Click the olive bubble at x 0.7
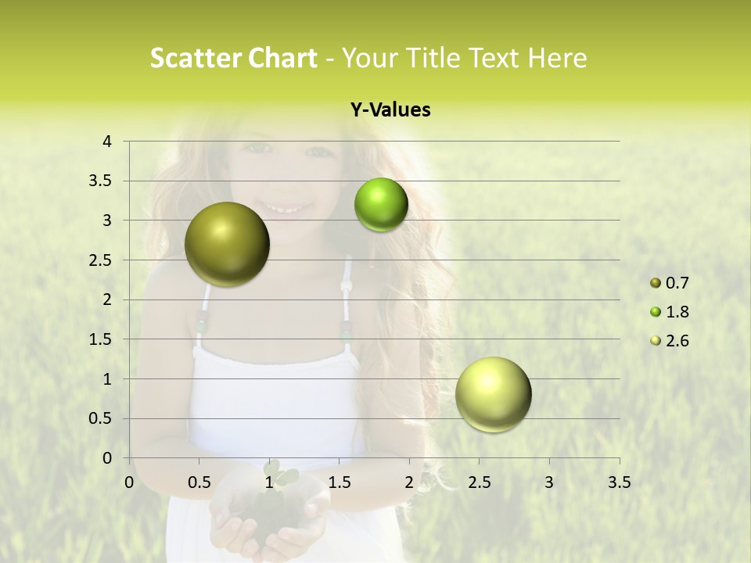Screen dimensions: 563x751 click(x=227, y=244)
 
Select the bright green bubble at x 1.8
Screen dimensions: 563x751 click(x=381, y=205)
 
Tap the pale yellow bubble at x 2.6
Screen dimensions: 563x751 click(x=493, y=394)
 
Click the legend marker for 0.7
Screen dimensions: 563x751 click(x=656, y=283)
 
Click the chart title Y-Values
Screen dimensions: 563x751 click(x=390, y=110)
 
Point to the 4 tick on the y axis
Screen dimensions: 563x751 click(x=108, y=142)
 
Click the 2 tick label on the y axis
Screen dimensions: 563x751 click(x=108, y=299)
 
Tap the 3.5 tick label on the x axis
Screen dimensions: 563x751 click(x=619, y=482)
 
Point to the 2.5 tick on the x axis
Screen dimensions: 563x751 click(x=479, y=482)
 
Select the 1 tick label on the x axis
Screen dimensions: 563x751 click(x=269, y=482)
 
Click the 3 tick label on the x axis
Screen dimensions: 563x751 click(x=549, y=482)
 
